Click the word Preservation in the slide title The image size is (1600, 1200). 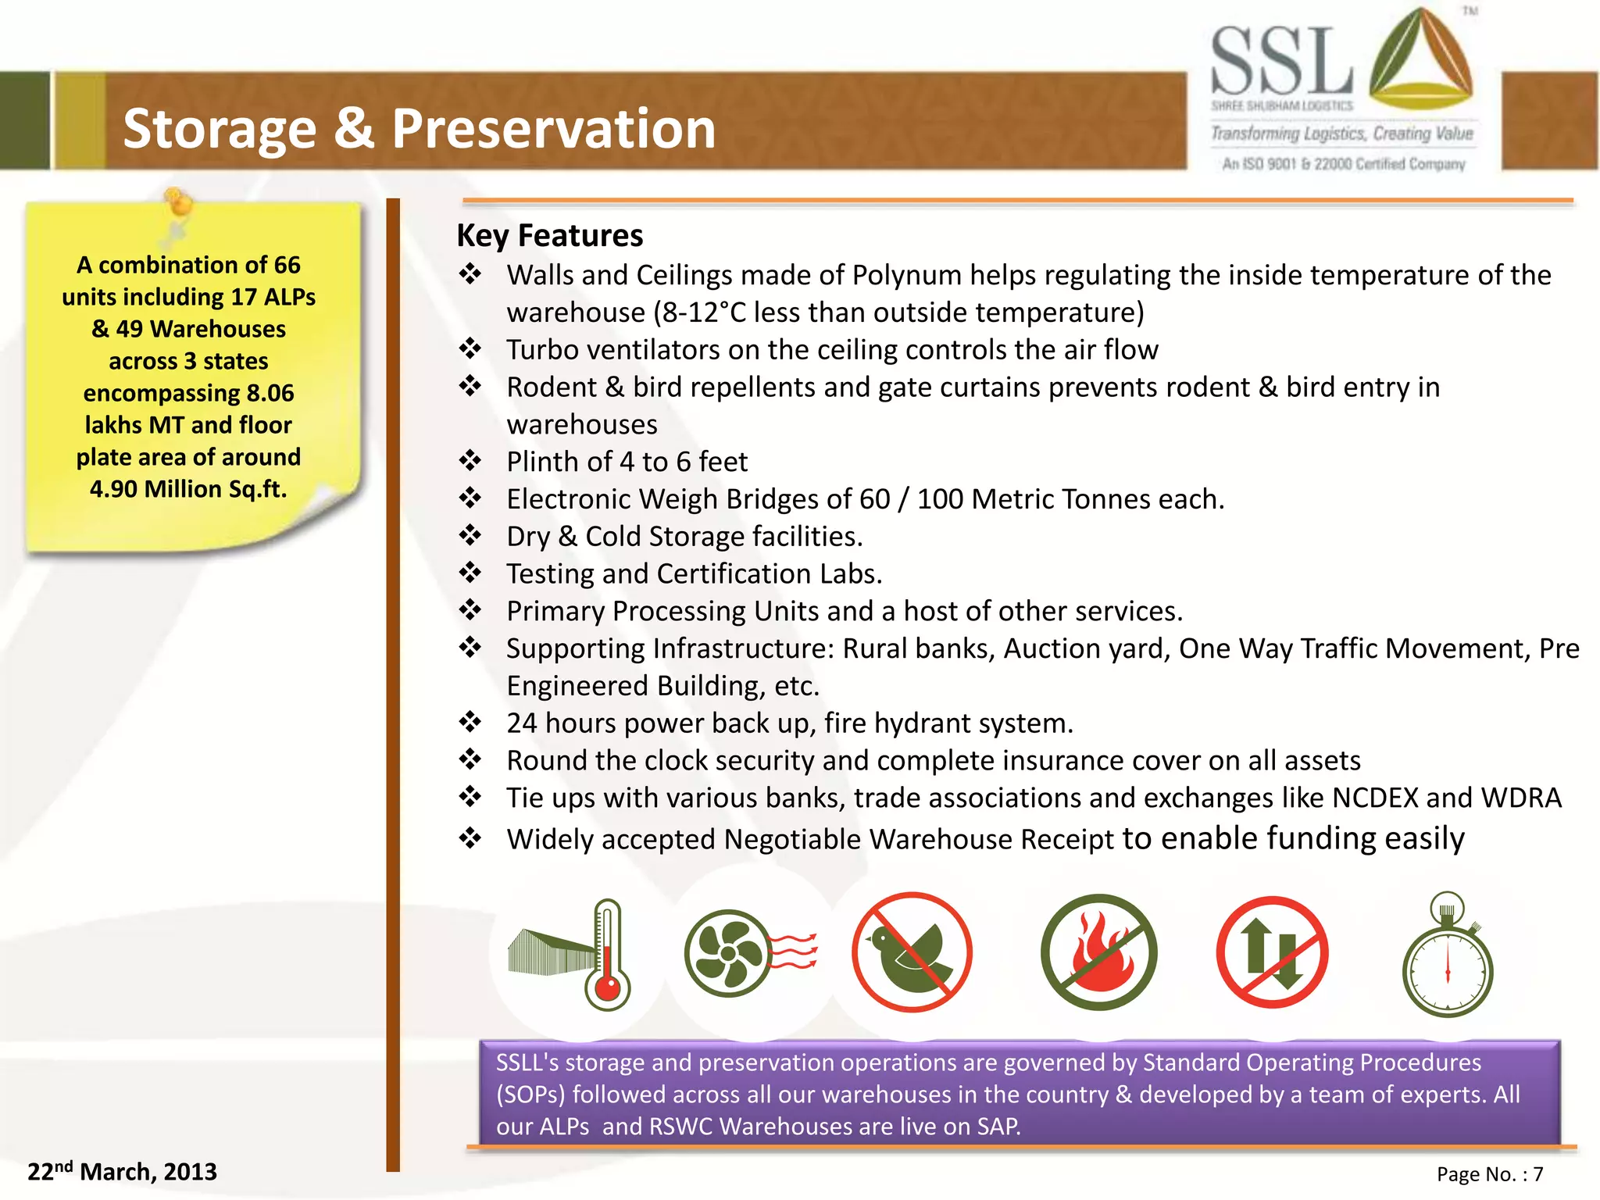click(553, 129)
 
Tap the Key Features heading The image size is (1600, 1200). click(549, 235)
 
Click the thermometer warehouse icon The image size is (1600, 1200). click(570, 954)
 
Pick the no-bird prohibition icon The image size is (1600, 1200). click(912, 952)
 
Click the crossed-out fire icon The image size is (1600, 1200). click(1098, 952)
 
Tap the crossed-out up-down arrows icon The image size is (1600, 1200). click(1272, 952)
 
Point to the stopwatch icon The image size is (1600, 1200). click(1448, 958)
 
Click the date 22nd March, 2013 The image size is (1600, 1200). click(122, 1172)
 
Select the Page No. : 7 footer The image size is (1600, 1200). click(1490, 1174)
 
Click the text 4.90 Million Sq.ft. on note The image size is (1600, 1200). click(188, 489)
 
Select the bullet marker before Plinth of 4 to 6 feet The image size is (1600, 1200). click(470, 461)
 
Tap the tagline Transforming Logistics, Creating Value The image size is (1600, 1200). click(1341, 134)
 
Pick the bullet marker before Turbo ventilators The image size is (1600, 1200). click(470, 348)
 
